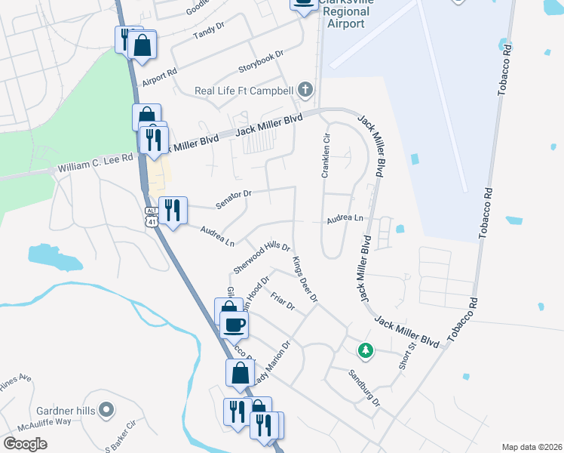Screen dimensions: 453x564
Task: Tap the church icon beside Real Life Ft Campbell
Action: coord(305,91)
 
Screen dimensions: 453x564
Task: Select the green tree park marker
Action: coord(365,350)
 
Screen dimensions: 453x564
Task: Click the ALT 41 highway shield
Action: coord(151,214)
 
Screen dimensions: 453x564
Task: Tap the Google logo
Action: coord(25,444)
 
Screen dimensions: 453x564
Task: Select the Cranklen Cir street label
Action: coord(326,156)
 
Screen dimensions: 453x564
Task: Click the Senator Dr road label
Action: coord(233,199)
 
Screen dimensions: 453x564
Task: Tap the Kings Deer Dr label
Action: coord(305,279)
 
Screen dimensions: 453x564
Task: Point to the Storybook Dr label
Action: coord(260,60)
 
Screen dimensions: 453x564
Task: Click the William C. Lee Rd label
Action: coord(95,162)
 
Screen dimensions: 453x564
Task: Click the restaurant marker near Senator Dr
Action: coord(173,209)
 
